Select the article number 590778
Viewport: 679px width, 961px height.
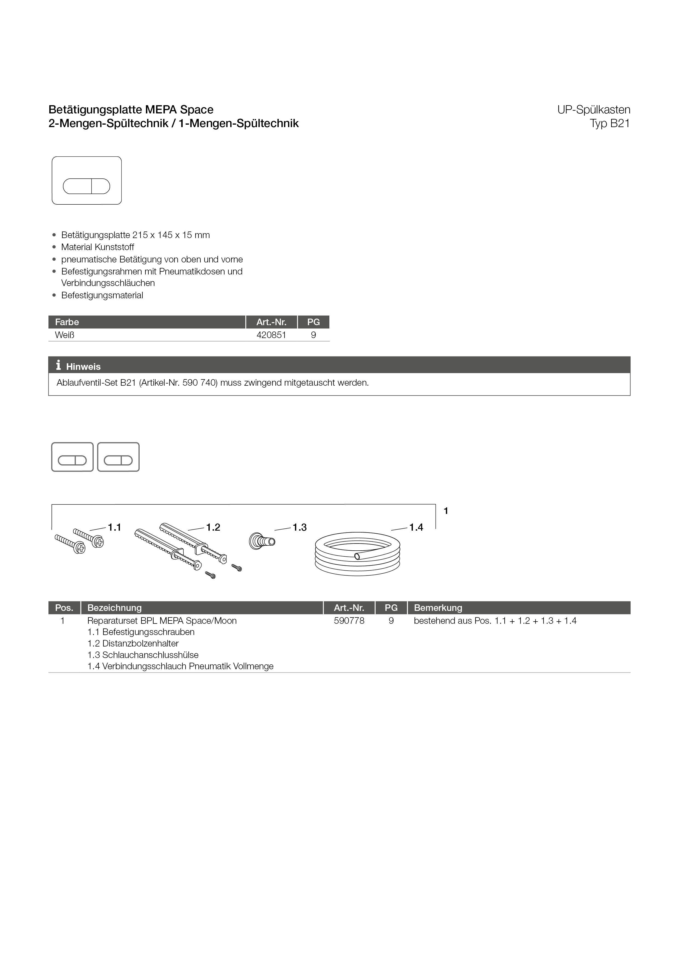(x=349, y=621)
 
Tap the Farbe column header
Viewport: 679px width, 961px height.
(x=67, y=322)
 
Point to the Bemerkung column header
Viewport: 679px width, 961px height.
(x=438, y=608)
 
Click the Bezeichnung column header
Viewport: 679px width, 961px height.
(x=114, y=608)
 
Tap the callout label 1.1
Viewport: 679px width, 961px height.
(x=114, y=527)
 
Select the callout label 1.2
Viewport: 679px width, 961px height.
(x=213, y=527)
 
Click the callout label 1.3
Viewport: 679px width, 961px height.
(x=300, y=527)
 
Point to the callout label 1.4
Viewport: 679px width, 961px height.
(x=416, y=527)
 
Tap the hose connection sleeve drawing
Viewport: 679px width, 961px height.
(x=261, y=541)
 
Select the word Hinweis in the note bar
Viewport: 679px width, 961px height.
(x=83, y=367)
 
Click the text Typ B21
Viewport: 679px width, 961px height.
(x=609, y=124)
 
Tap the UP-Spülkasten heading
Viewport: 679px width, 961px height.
(x=593, y=110)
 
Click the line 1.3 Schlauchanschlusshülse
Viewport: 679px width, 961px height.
(x=143, y=655)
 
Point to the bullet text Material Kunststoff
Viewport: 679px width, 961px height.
(x=97, y=247)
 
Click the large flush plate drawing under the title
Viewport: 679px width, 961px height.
(x=87, y=181)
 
